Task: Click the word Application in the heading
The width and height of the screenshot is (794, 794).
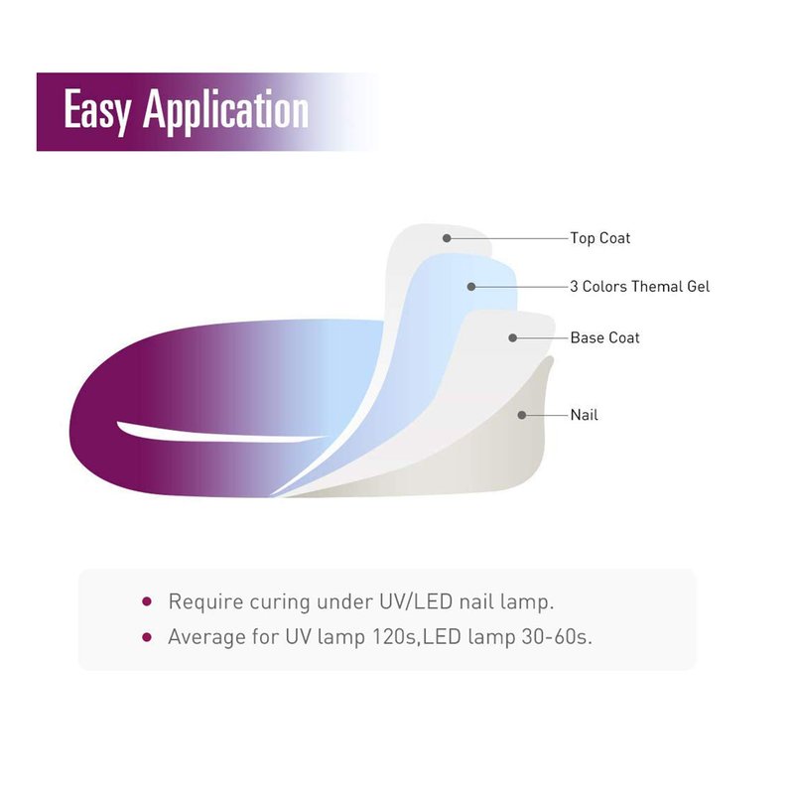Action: [x=226, y=110]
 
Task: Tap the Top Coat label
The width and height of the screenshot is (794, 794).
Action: [x=600, y=238]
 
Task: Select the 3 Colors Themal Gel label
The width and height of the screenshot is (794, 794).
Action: [x=639, y=287]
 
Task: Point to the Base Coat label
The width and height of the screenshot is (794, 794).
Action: [x=604, y=337]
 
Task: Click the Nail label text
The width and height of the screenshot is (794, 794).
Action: [x=584, y=415]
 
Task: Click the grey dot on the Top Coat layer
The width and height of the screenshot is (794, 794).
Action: [x=447, y=238]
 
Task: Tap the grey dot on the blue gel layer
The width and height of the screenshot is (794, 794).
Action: [x=471, y=287]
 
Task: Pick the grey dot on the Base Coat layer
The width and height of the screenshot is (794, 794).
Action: [x=513, y=337]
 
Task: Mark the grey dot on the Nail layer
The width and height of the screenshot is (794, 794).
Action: [x=522, y=415]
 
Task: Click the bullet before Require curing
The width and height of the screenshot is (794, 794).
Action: [x=147, y=601]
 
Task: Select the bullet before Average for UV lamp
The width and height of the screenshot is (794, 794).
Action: [x=147, y=637]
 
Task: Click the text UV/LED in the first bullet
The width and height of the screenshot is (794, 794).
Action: [x=416, y=601]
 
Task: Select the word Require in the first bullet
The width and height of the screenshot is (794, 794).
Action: [x=205, y=602]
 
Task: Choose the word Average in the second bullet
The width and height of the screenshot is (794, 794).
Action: [x=206, y=638]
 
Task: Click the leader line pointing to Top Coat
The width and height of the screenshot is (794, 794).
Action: [x=508, y=238]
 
